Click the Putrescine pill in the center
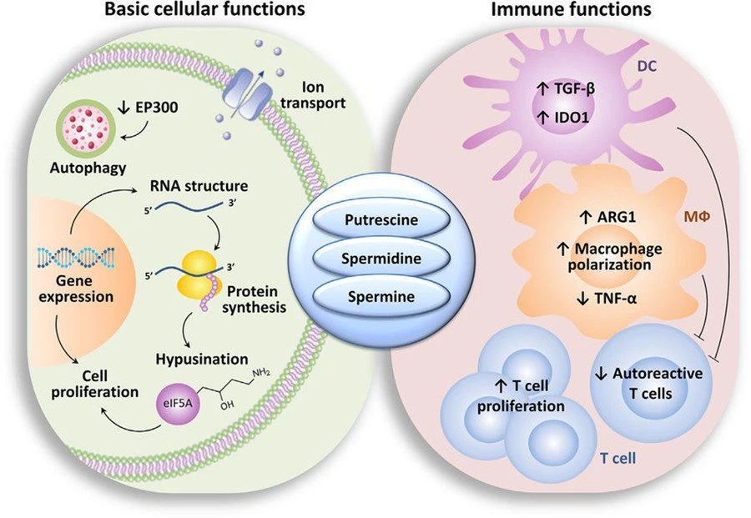pyautogui.click(x=375, y=223)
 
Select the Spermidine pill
pyautogui.click(x=375, y=259)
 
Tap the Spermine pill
pyautogui.click(x=375, y=296)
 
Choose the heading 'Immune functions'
pyautogui.click(x=572, y=11)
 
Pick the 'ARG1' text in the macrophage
pyautogui.click(x=607, y=219)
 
